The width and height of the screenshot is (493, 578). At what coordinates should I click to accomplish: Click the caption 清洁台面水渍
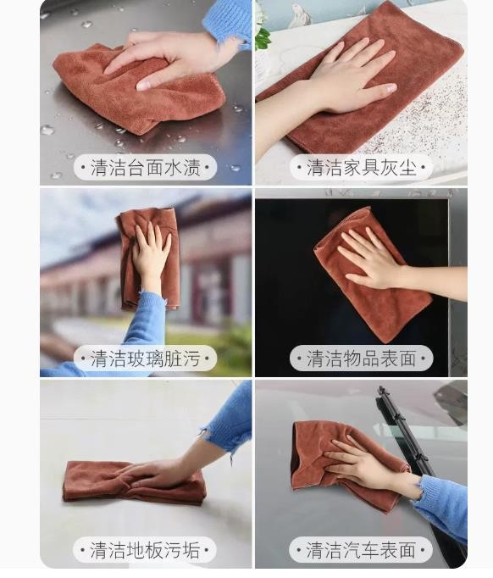[x=145, y=168]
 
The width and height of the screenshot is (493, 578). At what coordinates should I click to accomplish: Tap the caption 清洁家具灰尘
[x=362, y=168]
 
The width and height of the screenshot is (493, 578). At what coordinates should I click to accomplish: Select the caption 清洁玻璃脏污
[x=145, y=358]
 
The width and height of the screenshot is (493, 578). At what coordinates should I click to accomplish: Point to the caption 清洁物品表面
[x=362, y=358]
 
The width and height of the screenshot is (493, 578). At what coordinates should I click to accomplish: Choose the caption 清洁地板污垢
[x=145, y=550]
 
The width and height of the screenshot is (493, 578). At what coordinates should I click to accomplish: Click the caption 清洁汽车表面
[x=362, y=550]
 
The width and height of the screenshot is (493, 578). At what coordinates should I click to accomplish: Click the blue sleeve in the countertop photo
[x=229, y=22]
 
